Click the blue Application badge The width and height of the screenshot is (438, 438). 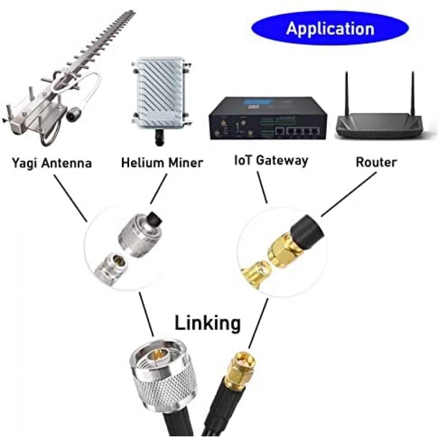(x=330, y=28)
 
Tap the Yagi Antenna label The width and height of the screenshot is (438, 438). (x=51, y=163)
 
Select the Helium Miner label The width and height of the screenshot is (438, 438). (x=162, y=163)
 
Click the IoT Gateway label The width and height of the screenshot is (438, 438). (x=270, y=161)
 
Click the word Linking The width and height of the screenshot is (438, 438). (x=208, y=322)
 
